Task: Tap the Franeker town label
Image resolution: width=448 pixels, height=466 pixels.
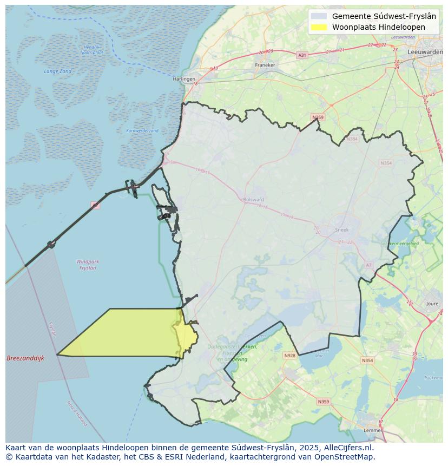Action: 265,65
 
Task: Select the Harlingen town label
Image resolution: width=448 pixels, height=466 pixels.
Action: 184,79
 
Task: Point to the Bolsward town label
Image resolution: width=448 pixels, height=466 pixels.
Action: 254,199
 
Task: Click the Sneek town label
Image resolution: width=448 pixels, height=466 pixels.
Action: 342,229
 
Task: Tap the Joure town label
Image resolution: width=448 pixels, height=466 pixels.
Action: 432,304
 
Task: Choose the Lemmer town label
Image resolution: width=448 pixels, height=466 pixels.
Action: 373,430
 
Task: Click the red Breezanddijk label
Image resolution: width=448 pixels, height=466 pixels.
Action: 25,358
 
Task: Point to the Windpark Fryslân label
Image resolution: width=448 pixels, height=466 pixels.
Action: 88,265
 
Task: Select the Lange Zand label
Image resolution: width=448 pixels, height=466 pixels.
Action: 58,71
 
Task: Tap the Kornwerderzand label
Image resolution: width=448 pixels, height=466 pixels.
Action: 142,130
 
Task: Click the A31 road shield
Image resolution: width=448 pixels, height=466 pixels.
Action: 302,55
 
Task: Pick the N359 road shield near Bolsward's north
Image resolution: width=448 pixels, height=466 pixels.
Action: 318,117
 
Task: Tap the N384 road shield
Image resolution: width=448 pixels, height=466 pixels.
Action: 353,139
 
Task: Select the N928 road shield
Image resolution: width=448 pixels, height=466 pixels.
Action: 289,356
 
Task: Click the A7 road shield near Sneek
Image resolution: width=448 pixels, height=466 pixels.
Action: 369,265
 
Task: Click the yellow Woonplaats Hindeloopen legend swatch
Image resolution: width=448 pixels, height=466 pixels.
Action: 319,27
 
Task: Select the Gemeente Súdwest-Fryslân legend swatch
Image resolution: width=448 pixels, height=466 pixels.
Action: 319,16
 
